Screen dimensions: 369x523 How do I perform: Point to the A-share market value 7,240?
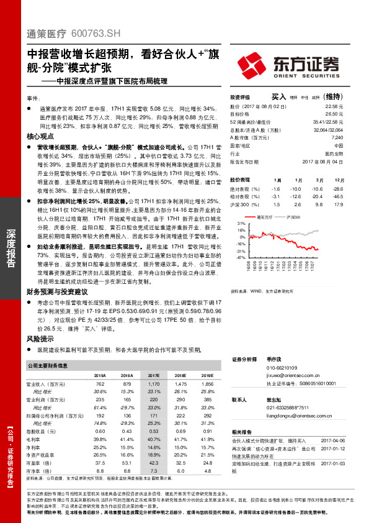pos(336,137)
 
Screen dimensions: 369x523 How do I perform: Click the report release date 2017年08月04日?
pos(323,161)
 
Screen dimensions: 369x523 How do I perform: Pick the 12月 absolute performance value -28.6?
pos(338,188)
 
